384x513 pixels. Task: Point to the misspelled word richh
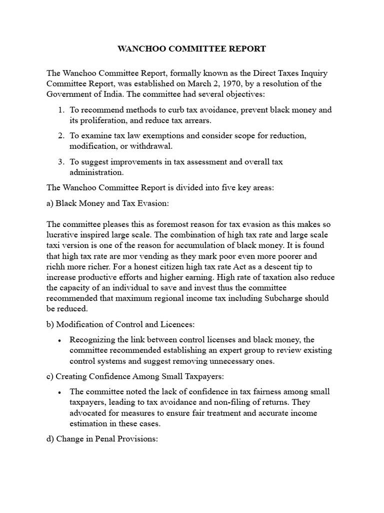56,266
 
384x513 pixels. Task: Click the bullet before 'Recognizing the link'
60,340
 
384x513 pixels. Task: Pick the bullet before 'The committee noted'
60,392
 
